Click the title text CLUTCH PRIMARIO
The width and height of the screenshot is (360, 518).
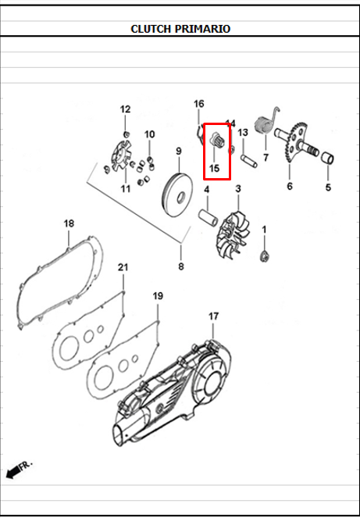180,29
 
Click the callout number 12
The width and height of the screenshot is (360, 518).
125,109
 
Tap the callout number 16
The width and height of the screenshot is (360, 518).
198,104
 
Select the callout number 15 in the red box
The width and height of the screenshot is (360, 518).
214,168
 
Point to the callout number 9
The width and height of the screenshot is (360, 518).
178,151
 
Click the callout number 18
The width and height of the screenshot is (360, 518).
69,223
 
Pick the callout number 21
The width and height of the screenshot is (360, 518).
123,268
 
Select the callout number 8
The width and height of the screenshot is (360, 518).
181,266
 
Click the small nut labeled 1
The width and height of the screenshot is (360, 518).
265,257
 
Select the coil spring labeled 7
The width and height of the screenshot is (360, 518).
263,125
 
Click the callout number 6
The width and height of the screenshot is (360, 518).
289,186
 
